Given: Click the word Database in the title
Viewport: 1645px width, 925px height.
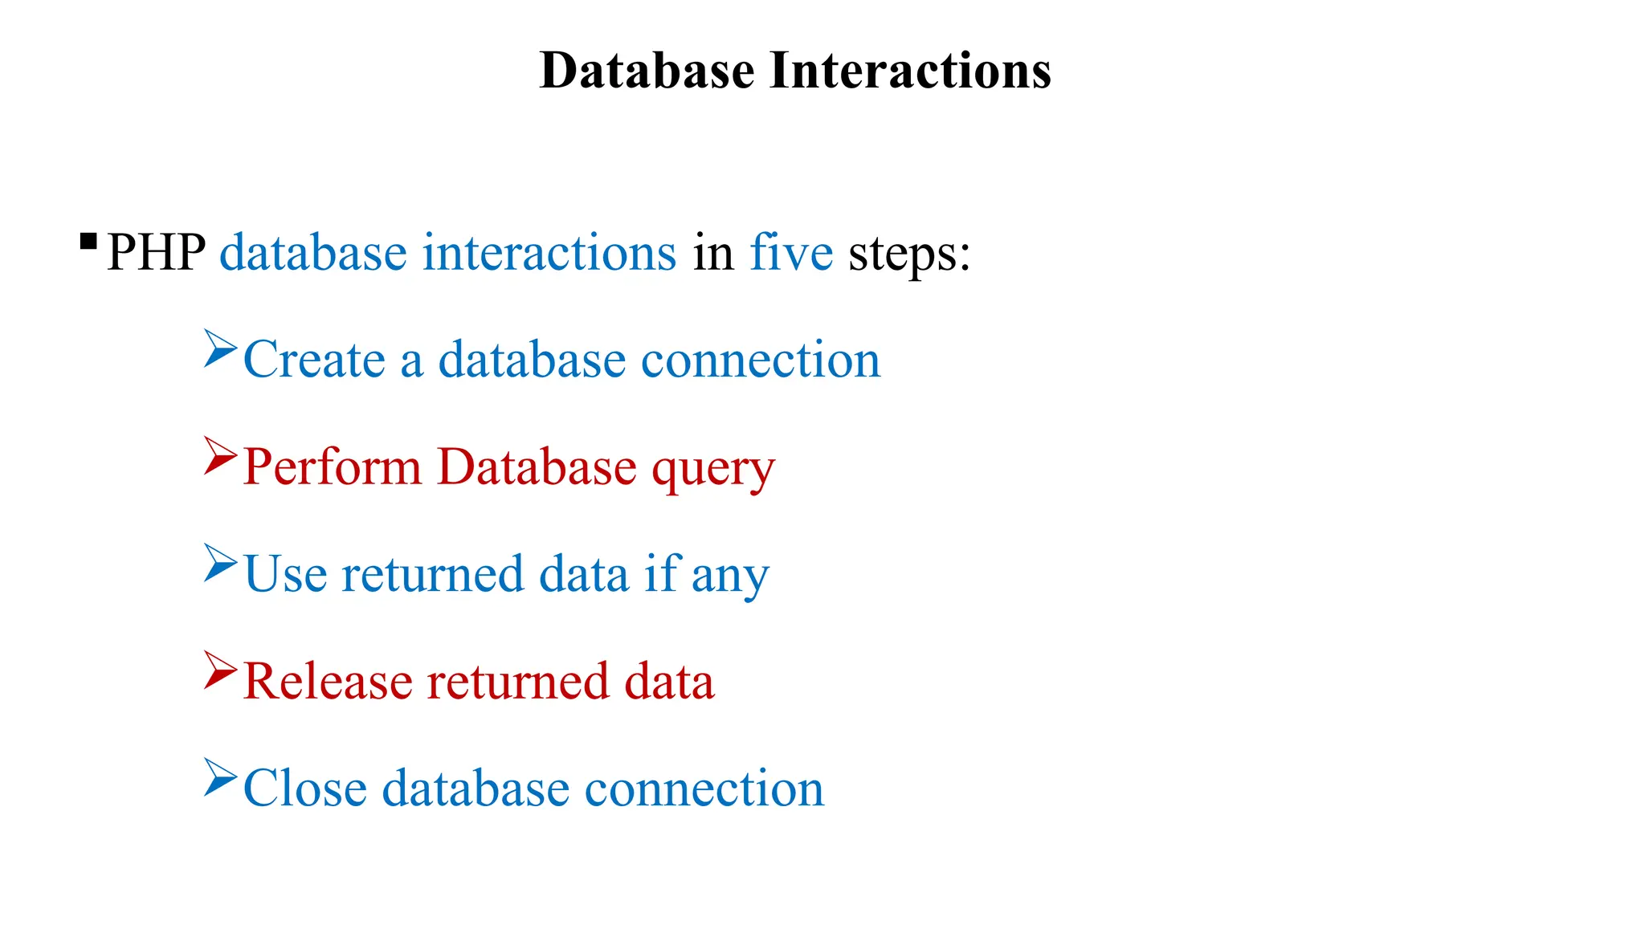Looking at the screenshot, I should click(647, 71).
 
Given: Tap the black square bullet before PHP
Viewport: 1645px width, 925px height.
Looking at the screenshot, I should click(88, 241).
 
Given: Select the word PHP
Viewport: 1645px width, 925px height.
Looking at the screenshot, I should click(156, 253).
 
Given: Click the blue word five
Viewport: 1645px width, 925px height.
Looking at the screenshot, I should click(791, 253).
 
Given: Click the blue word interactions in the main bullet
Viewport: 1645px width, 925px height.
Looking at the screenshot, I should click(549, 253).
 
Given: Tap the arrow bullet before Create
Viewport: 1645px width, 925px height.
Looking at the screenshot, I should click(219, 348).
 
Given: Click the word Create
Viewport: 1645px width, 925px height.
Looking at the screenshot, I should click(314, 360).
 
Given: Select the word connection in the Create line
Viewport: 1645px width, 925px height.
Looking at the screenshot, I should click(761, 360).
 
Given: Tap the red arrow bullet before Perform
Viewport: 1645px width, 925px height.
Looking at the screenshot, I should click(219, 455).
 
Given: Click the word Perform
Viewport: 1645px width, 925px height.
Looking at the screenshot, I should click(332, 467).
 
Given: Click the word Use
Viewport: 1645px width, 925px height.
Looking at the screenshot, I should click(285, 574).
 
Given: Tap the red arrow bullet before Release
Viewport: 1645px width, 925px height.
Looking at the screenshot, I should click(219, 670).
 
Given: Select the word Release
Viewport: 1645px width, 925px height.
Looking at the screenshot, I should click(328, 681).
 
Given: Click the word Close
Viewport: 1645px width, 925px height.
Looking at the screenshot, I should click(304, 788).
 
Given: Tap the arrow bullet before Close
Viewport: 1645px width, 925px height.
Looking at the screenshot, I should click(219, 776).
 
